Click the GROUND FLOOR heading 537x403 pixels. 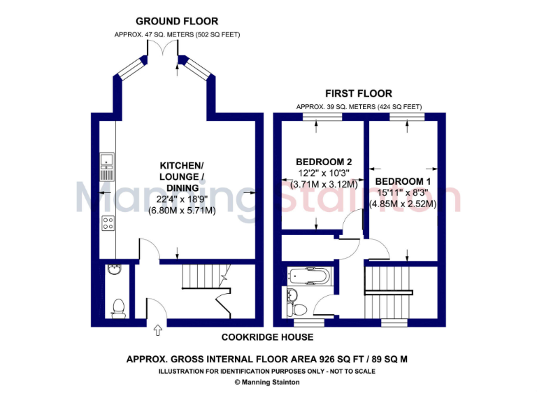177,22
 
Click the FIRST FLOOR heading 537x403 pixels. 359,93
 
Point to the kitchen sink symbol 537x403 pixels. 108,162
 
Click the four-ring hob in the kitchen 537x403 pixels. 108,224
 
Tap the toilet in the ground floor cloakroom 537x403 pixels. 118,306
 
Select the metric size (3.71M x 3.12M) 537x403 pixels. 320,185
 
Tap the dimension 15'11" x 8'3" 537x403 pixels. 403,192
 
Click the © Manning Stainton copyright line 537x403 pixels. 268,382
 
